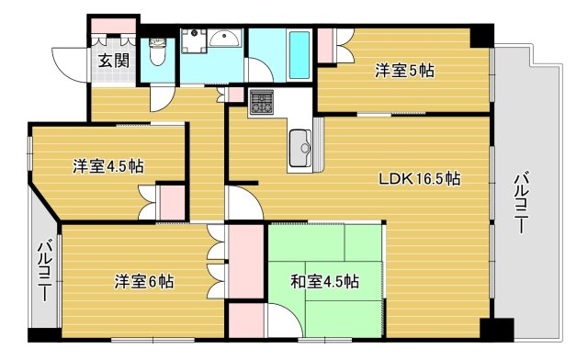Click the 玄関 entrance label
[114, 62]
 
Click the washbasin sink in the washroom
[224, 39]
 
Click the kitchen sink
[300, 144]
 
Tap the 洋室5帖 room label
[404, 70]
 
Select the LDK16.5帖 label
[420, 179]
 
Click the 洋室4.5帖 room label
[108, 166]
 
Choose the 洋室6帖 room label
[143, 280]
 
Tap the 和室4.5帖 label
[324, 281]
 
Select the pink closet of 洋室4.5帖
[172, 203]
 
